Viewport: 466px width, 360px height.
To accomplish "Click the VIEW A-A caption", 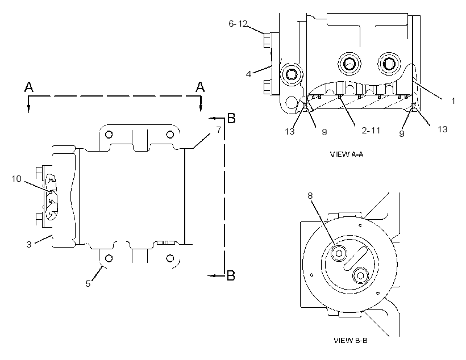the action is pyautogui.click(x=347, y=154).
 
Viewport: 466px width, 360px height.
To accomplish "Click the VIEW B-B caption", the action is pyautogui.click(x=351, y=340).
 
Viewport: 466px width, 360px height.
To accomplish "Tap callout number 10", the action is pyautogui.click(x=16, y=178).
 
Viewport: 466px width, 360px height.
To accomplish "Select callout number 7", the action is pyautogui.click(x=219, y=130).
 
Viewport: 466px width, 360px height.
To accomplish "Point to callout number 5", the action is pyautogui.click(x=88, y=284).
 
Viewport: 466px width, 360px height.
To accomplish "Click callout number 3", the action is pyautogui.click(x=29, y=244).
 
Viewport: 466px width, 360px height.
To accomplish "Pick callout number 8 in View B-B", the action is pyautogui.click(x=310, y=196).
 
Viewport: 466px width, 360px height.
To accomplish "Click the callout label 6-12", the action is pyautogui.click(x=238, y=23).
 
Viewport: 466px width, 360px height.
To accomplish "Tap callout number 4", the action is pyautogui.click(x=249, y=74).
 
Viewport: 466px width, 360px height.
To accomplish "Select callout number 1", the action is pyautogui.click(x=453, y=101).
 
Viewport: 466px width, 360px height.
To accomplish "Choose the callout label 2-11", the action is pyautogui.click(x=371, y=130).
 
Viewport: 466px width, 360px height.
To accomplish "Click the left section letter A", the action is pyautogui.click(x=29, y=87).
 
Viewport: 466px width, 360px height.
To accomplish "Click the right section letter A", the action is pyautogui.click(x=200, y=87).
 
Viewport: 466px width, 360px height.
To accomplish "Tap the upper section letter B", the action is pyautogui.click(x=231, y=118).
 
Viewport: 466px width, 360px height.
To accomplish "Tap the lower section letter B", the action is pyautogui.click(x=231, y=275).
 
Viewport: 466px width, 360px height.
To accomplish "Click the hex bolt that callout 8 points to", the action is pyautogui.click(x=339, y=253).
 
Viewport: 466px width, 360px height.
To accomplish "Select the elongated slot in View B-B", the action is pyautogui.click(x=356, y=258).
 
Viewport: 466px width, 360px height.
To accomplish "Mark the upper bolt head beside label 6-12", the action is pyautogui.click(x=267, y=40).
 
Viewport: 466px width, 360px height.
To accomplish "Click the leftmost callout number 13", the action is pyautogui.click(x=290, y=131).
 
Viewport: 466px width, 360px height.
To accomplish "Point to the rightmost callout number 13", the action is pyautogui.click(x=443, y=129).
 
